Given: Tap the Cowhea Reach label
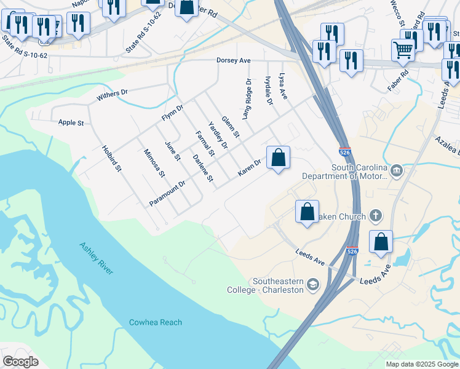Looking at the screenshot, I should pyautogui.click(x=156, y=322).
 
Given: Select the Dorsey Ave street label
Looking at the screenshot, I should pyautogui.click(x=234, y=60).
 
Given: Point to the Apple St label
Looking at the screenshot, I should pyautogui.click(x=71, y=122).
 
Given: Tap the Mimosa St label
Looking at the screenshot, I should pyautogui.click(x=154, y=163).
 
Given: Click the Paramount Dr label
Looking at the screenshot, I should pyautogui.click(x=167, y=193).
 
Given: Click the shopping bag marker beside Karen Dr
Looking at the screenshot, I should pyautogui.click(x=279, y=157).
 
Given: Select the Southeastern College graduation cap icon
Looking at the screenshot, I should pyautogui.click(x=313, y=284).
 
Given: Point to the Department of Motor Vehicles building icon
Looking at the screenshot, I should pyautogui.click(x=397, y=169).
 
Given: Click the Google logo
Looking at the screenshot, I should pyautogui.click(x=21, y=361).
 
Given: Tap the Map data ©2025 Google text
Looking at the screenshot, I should pyautogui.click(x=421, y=364).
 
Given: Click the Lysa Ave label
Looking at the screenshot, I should pyautogui.click(x=283, y=86).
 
